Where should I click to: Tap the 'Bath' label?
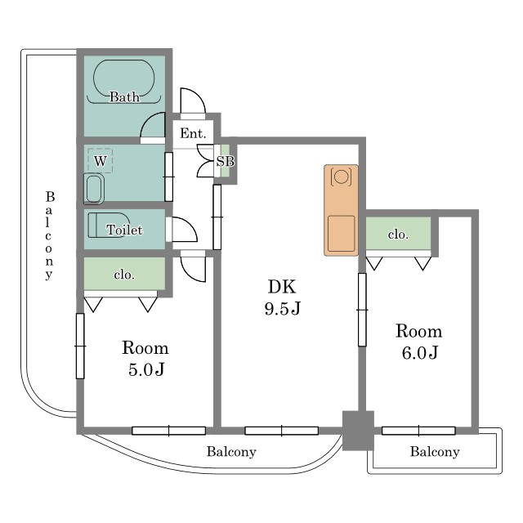(124, 97)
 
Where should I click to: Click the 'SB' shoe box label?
(226, 162)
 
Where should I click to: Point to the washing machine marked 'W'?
(100, 160)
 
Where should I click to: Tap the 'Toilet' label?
(124, 230)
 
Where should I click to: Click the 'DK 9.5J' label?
(282, 297)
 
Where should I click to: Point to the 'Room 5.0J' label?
(145, 358)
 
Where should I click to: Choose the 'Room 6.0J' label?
(418, 342)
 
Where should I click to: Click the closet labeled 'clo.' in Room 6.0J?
(398, 235)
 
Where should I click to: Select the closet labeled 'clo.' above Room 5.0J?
(124, 275)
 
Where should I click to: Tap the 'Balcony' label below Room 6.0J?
(434, 452)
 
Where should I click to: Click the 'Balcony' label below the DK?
(231, 452)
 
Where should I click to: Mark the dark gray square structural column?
(357, 430)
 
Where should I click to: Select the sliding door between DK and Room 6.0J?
(361, 310)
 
